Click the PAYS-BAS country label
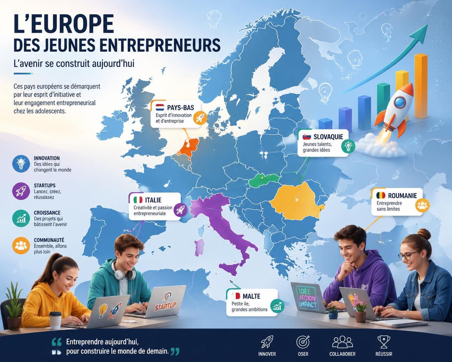tap(180, 107)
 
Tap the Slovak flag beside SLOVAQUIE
tap(307, 137)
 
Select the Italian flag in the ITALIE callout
tap(138, 200)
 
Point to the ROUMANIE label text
tap(402, 196)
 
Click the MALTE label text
tap(251, 296)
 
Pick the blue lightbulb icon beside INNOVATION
tap(21, 164)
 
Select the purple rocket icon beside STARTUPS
tap(21, 191)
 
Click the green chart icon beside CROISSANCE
tap(21, 218)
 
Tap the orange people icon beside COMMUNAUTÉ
tap(21, 245)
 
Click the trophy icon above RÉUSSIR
tap(384, 342)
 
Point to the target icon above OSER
tap(303, 342)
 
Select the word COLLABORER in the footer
tap(342, 354)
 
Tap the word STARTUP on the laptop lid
tap(165, 306)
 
